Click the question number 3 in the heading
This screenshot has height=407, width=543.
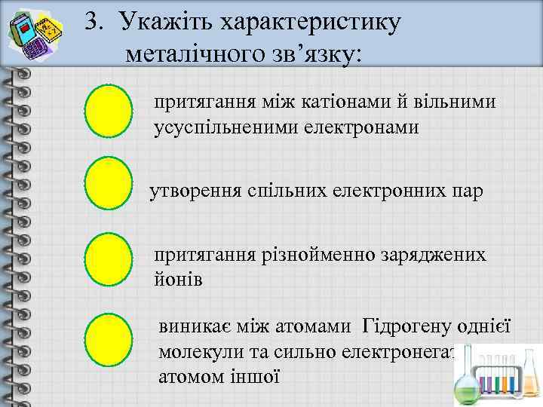point(91,23)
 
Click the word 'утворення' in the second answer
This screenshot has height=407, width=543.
point(195,191)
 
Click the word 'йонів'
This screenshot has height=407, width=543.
point(178,279)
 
